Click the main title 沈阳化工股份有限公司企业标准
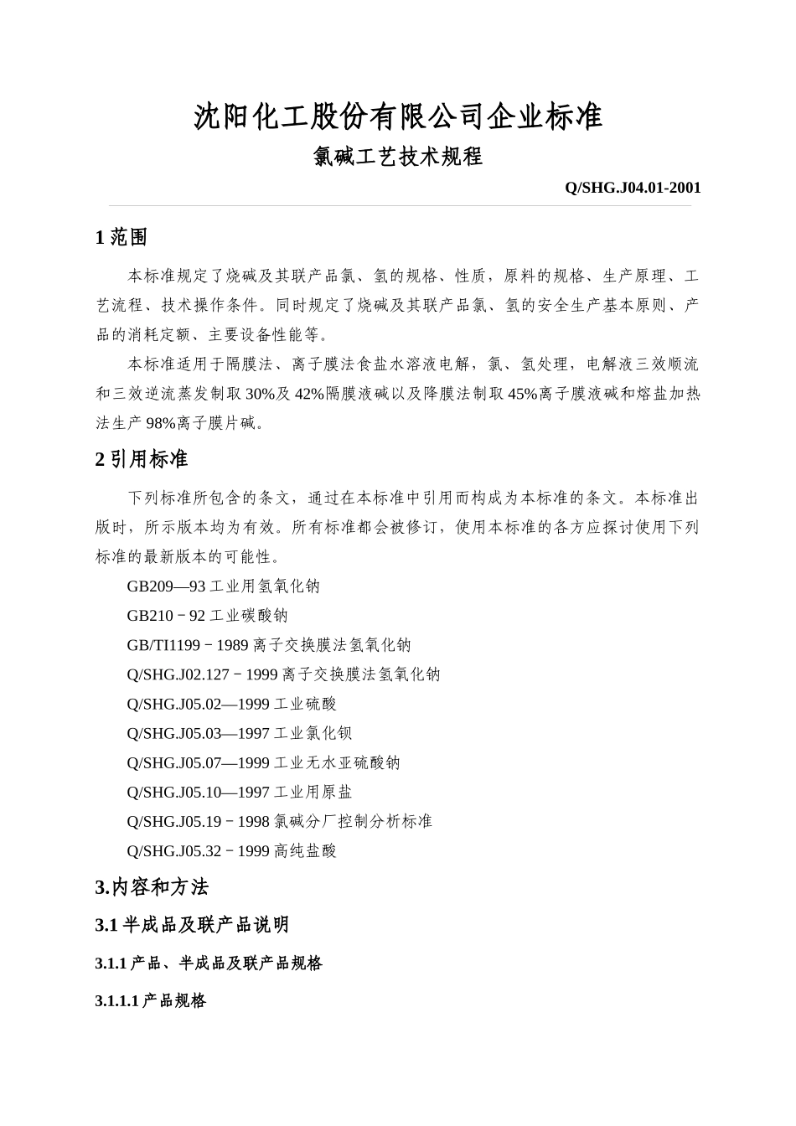tap(398, 116)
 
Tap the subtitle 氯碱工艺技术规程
tap(398, 157)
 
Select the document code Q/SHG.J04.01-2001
tap(633, 188)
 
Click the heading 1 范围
tap(122, 238)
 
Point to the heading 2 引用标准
tap(142, 459)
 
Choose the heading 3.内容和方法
tap(152, 887)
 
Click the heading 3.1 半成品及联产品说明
tap(192, 925)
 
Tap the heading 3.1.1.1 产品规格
tap(151, 1000)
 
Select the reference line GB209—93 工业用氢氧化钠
tap(224, 586)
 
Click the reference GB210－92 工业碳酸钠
tap(208, 616)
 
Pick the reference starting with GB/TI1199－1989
tap(269, 645)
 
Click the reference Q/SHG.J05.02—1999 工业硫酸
tap(232, 704)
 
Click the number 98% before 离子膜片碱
tap(161, 423)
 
